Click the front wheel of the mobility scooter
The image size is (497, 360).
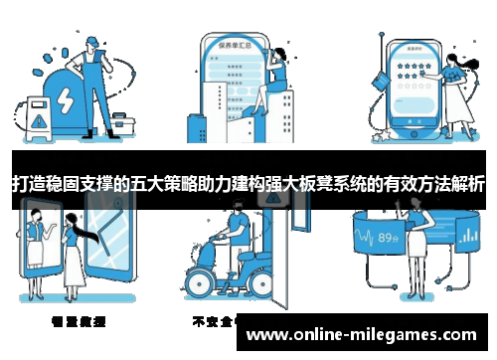tap(205, 287)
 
